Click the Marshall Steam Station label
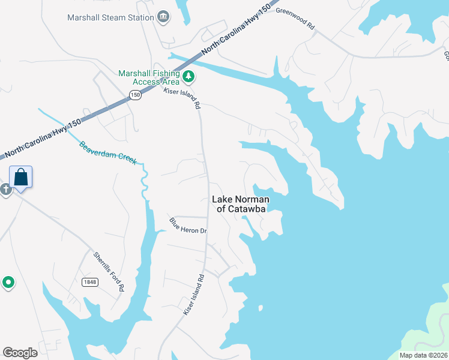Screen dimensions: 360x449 pos(110,17)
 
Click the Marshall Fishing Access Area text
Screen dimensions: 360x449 pos(148,77)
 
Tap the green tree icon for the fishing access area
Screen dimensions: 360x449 pos(189,76)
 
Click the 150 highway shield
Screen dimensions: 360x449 pos(135,95)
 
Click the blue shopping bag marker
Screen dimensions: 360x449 pos(21,178)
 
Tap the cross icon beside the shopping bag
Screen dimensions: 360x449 pos(5,190)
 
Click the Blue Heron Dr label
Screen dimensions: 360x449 pos(187,226)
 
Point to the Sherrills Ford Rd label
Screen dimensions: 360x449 pos(109,272)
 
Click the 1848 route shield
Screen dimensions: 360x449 pos(90,282)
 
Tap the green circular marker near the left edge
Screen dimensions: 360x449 pos(8,282)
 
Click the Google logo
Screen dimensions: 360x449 pos(20,353)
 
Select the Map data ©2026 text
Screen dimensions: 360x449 pos(424,355)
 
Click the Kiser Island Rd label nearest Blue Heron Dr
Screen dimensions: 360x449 pos(194,295)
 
